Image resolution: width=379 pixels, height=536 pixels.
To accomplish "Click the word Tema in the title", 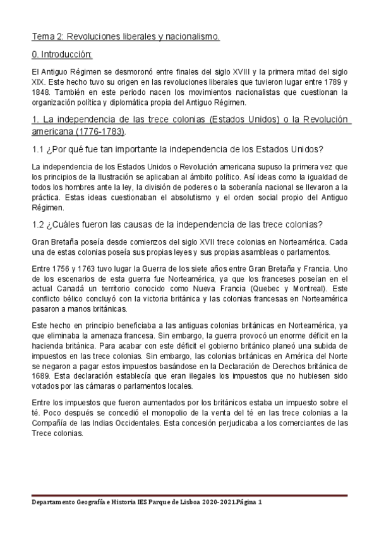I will pos(44,37).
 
